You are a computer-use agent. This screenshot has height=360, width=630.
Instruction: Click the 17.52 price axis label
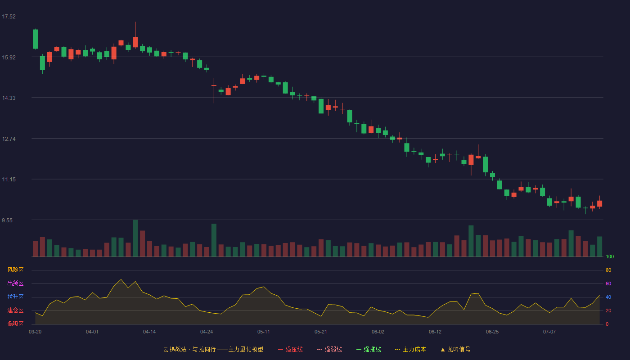(9, 17)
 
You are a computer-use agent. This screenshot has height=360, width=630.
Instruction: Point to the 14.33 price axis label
(9, 98)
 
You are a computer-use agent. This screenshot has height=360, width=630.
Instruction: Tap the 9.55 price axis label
(7, 220)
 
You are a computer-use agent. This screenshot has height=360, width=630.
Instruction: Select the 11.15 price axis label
(9, 180)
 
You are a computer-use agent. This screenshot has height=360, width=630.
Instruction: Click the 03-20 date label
(35, 332)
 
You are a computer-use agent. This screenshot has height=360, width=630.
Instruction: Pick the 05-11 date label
(264, 332)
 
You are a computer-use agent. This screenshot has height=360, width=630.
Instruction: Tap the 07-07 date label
(549, 332)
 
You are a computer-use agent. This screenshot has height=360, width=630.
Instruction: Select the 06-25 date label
(492, 332)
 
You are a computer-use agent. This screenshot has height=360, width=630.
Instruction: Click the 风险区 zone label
(15, 270)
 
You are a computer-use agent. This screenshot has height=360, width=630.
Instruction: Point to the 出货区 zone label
(15, 283)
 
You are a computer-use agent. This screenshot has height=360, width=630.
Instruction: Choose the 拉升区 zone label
(15, 297)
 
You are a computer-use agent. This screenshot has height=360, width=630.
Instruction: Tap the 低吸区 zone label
(15, 324)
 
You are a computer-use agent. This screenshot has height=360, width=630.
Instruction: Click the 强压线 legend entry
(290, 349)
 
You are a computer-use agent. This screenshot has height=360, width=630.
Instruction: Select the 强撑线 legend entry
(369, 349)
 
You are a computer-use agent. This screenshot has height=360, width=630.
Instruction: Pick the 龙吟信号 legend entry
(455, 349)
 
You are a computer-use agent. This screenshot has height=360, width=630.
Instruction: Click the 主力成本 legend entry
(410, 349)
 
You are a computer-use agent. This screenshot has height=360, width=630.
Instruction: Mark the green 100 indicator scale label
(610, 256)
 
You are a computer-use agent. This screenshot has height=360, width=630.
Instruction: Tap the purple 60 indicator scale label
(608, 283)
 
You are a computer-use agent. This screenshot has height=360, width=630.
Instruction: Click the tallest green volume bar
(135, 238)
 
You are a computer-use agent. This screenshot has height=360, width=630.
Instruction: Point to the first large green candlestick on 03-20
(35, 39)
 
